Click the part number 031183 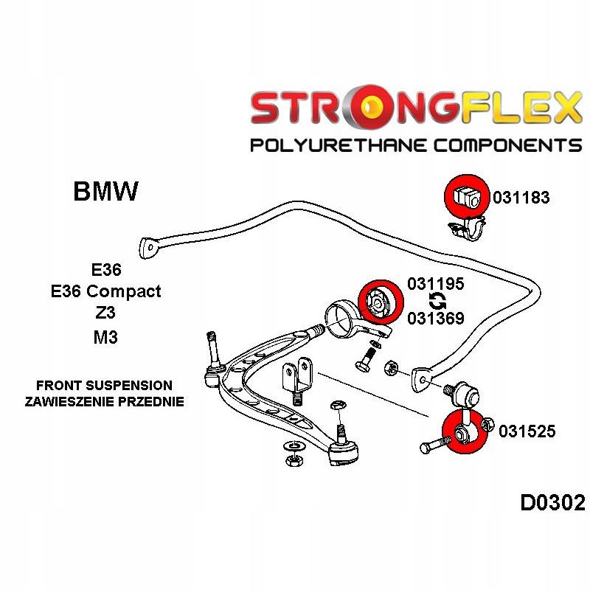click(x=521, y=198)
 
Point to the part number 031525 click(x=527, y=431)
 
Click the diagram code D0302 click(x=552, y=503)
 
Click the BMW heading click(x=105, y=192)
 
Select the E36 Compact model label click(x=105, y=291)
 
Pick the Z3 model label click(x=105, y=313)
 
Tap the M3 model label click(x=105, y=337)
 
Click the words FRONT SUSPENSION click(x=104, y=386)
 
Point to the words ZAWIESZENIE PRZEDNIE click(x=104, y=402)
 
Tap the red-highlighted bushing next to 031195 click(x=380, y=301)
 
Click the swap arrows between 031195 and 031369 click(x=436, y=301)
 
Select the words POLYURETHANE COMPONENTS click(x=416, y=145)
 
